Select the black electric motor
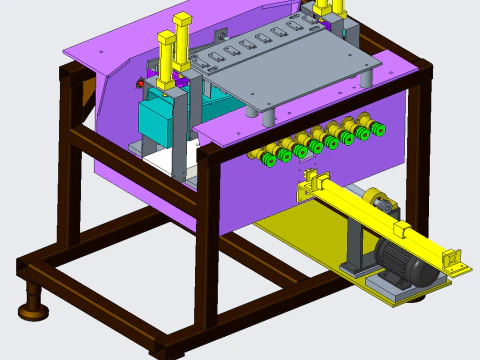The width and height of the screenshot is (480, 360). (x=405, y=265)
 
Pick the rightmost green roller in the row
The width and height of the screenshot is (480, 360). (x=377, y=128)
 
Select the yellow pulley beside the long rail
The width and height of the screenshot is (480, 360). (x=377, y=201)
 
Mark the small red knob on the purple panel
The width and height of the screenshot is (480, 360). (x=136, y=84)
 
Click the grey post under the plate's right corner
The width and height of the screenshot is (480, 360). (x=367, y=77)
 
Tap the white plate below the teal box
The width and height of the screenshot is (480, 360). (x=160, y=160)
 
